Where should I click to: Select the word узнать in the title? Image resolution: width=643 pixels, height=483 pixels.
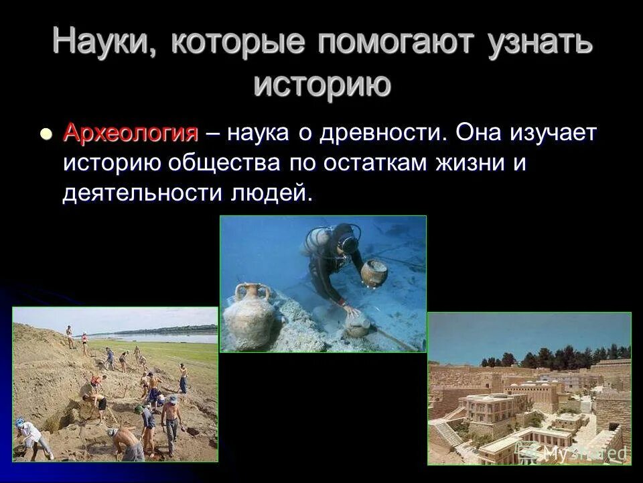[537, 43]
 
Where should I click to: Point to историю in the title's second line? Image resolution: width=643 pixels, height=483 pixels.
[321, 85]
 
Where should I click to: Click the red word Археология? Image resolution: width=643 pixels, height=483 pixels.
[131, 132]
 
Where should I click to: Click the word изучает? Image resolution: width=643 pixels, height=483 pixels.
[547, 132]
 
